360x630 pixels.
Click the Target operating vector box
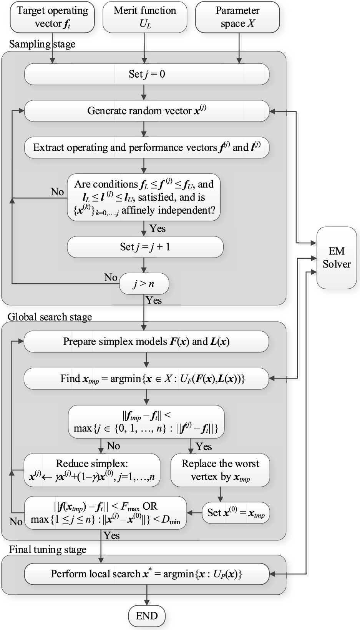point(52,17)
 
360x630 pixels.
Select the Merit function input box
point(145,17)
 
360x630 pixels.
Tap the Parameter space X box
point(237,17)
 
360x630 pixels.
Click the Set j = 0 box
point(147,74)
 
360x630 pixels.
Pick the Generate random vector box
point(147,111)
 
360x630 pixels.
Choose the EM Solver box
point(337,258)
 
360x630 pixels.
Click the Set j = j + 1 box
point(145,247)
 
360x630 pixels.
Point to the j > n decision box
point(144,284)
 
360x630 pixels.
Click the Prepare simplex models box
point(146,342)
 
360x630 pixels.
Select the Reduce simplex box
point(92,470)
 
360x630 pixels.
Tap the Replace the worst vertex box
point(220,470)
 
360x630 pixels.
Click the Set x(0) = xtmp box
point(236,513)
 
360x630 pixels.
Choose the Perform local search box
point(146,574)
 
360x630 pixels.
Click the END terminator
point(147,616)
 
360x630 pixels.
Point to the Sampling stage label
point(42,44)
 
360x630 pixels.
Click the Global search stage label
point(50,317)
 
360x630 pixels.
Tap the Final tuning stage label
point(48,550)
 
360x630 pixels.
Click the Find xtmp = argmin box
point(146,379)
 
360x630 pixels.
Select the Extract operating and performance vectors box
point(147,148)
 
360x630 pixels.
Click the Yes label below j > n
point(154,301)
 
